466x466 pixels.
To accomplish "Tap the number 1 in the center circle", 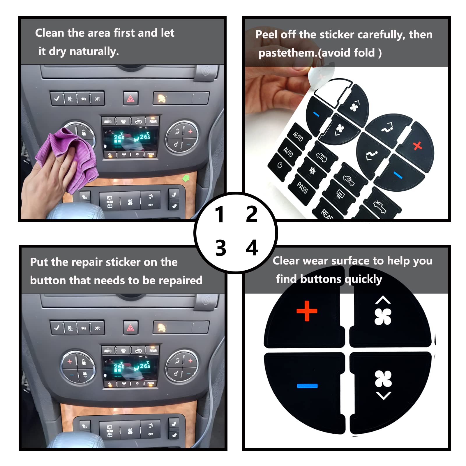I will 219,215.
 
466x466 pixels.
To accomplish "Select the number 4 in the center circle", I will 252,248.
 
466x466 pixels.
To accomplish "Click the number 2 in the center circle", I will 252,214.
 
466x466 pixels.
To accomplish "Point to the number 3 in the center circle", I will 220,248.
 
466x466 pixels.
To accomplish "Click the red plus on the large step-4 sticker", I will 307,311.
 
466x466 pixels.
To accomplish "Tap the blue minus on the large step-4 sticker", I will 307,386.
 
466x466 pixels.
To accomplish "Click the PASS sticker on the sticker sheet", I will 302,188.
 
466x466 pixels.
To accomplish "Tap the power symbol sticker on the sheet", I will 280,165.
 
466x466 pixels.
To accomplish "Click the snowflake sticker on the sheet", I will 313,170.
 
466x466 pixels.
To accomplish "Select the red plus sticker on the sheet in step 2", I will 417,145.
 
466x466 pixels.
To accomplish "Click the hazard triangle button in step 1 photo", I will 130,99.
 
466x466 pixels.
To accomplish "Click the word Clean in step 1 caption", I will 50,33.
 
